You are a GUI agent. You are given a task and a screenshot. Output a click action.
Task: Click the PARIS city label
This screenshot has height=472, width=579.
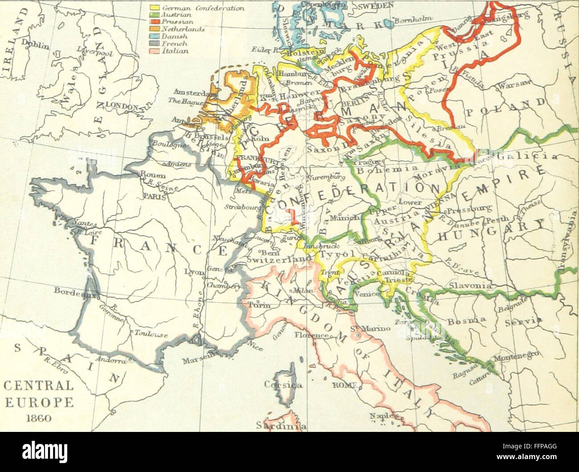click(x=152, y=196)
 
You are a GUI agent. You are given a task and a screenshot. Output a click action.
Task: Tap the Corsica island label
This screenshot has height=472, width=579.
click(x=283, y=384)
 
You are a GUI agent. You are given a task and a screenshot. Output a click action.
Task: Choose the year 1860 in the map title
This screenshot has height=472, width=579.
click(x=38, y=418)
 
